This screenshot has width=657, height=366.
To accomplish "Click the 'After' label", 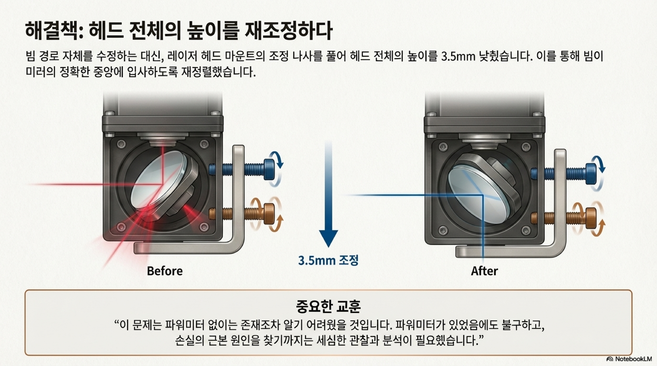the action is click(x=484, y=271).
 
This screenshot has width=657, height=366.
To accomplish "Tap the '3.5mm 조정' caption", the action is click(x=328, y=260).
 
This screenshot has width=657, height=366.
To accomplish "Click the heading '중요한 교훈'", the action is click(x=328, y=307).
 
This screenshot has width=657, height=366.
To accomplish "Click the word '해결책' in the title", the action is click(x=51, y=31).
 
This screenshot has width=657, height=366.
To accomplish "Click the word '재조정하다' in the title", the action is click(x=288, y=31).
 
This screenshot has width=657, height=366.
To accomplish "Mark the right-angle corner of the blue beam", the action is click(x=483, y=195).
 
